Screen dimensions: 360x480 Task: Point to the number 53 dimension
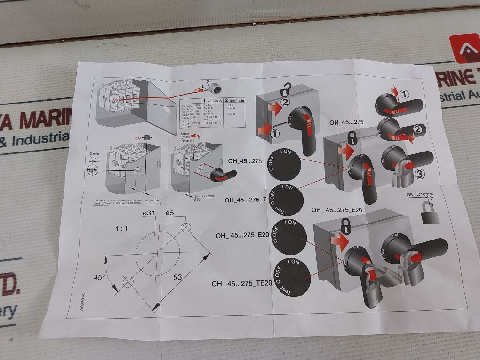[177, 277]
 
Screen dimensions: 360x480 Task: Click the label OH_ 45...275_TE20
[241, 283]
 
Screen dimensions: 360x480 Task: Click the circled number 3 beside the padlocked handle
[420, 174]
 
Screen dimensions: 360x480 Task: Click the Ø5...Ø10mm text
[420, 195]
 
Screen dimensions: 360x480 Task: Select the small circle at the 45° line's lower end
[128, 282]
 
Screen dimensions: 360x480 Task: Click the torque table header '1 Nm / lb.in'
[212, 100]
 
